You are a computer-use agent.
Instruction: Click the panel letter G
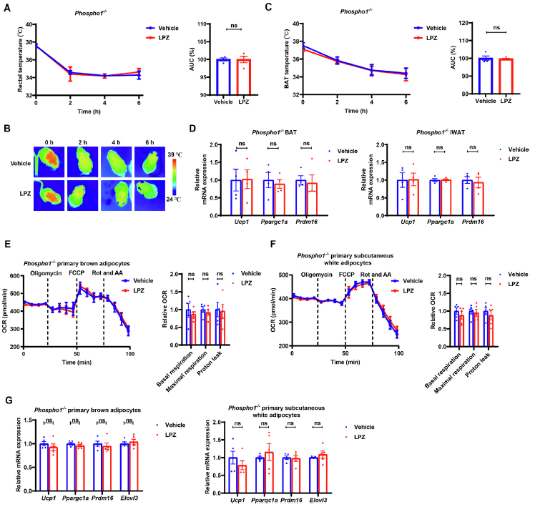click(6, 400)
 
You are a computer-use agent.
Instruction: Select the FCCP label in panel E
click(77, 273)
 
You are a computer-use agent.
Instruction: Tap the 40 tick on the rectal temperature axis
click(27, 24)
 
